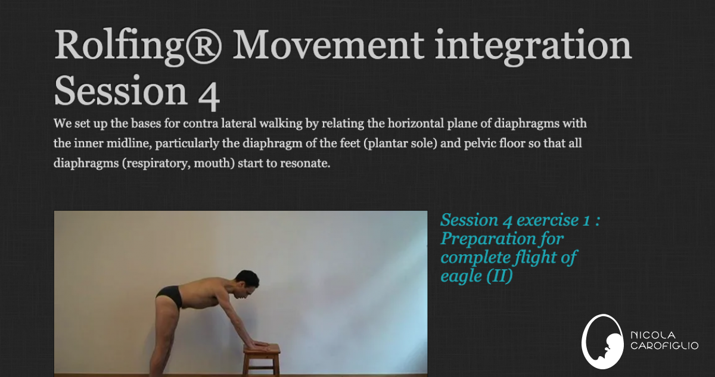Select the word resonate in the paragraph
point(304,163)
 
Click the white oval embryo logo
point(602,342)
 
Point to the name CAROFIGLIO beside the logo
point(664,346)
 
